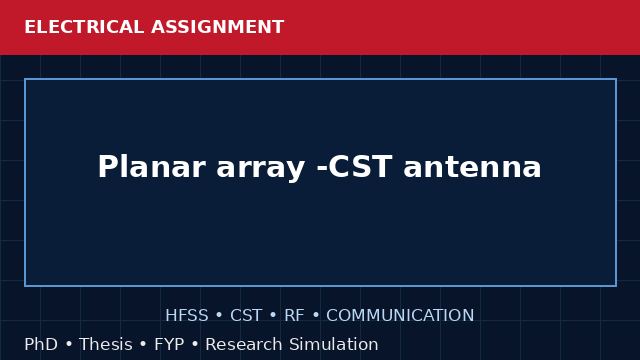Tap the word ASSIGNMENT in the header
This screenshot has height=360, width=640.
pyautogui.click(x=217, y=27)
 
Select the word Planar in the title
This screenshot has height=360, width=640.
pyautogui.click(x=151, y=167)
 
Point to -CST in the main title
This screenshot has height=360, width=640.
pyautogui.click(x=354, y=167)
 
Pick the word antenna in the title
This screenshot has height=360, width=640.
pyautogui.click(x=472, y=167)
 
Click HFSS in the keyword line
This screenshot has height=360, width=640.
pyautogui.click(x=187, y=316)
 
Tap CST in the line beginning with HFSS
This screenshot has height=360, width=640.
pyautogui.click(x=246, y=316)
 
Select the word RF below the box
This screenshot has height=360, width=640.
pyautogui.click(x=294, y=316)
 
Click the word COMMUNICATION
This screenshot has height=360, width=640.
pyautogui.click(x=400, y=316)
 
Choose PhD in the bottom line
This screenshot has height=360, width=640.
pyautogui.click(x=41, y=344)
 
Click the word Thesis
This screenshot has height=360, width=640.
pyautogui.click(x=106, y=344)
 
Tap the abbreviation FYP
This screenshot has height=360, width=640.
pyautogui.click(x=169, y=344)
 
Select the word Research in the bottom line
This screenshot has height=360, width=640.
pyautogui.click(x=244, y=344)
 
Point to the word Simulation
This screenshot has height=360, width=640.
pyautogui.click(x=334, y=344)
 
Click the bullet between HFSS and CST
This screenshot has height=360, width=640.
pyautogui.click(x=219, y=316)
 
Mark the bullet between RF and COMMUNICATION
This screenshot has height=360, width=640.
pyautogui.click(x=316, y=316)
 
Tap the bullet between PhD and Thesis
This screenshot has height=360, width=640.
pyautogui.click(x=69, y=344)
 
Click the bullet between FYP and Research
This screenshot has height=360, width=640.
pyautogui.click(x=195, y=344)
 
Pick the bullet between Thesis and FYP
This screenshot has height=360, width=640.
pyautogui.click(x=143, y=344)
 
